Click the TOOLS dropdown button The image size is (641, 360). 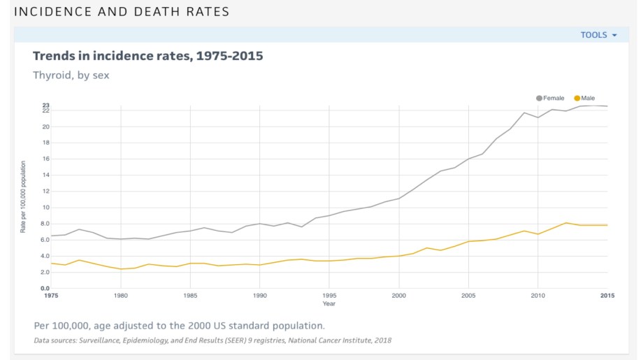(598, 35)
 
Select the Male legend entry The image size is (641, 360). (584, 99)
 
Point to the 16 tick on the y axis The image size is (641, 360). (45, 159)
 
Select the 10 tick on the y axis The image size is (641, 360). (45, 208)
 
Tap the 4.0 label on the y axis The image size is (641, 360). (45, 256)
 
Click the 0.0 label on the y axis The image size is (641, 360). (45, 288)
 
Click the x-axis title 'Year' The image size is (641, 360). (329, 304)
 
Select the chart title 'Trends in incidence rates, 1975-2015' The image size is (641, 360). (148, 56)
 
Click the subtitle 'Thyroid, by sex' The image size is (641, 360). (71, 75)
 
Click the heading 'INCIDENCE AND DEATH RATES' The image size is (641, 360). (122, 12)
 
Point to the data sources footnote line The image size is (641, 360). (213, 341)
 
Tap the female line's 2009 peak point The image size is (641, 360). (524, 113)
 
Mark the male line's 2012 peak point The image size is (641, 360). (566, 223)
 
